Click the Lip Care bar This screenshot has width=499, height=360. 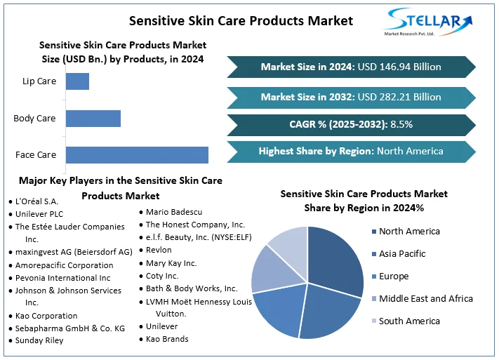pos(77,81)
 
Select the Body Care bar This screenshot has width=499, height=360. pos(93,119)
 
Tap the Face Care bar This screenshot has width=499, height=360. pos(137,155)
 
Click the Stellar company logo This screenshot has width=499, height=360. pos(428,22)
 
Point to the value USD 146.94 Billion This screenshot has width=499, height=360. pos(399,67)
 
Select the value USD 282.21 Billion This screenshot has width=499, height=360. pos(399,97)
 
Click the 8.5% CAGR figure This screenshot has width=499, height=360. pos(401,124)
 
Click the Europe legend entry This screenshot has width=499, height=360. pos(390,276)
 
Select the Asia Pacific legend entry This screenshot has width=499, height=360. pos(399,254)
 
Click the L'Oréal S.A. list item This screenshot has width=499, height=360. pos(34,201)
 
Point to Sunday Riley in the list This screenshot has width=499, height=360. pos(36,340)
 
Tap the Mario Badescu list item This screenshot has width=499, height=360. pos(171,212)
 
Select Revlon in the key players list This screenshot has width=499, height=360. pos(156,251)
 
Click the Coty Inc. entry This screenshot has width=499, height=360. pos(159,276)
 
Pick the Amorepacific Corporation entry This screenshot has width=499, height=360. pos(61,265)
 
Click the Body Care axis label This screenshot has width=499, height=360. pos(34,119)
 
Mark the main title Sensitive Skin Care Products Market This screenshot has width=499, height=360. pos(241,21)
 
